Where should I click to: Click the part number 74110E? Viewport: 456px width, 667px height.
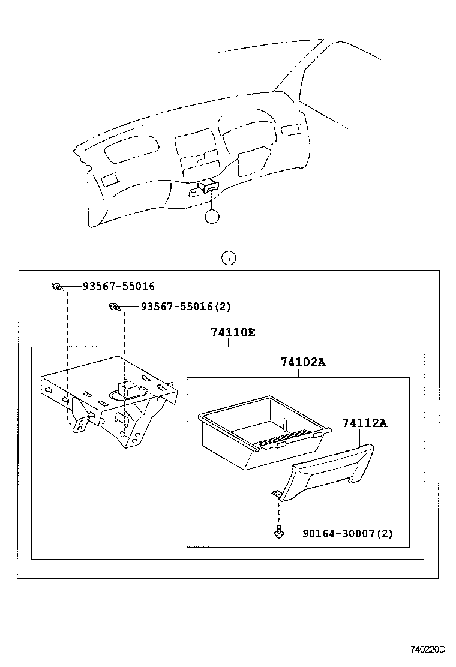pos(233,332)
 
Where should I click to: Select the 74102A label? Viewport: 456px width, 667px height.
pos(303,362)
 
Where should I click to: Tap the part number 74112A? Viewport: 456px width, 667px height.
pos(365,423)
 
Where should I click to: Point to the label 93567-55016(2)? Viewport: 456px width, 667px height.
pos(185,306)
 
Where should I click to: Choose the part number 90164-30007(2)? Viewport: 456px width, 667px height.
pos(339,533)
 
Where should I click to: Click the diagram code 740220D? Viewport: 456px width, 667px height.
pos(428,649)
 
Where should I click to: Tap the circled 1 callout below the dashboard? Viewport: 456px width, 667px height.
pos(211,217)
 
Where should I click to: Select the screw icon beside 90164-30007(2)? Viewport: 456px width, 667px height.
pos(279,531)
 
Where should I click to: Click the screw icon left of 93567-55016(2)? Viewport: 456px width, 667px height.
pos(113,307)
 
